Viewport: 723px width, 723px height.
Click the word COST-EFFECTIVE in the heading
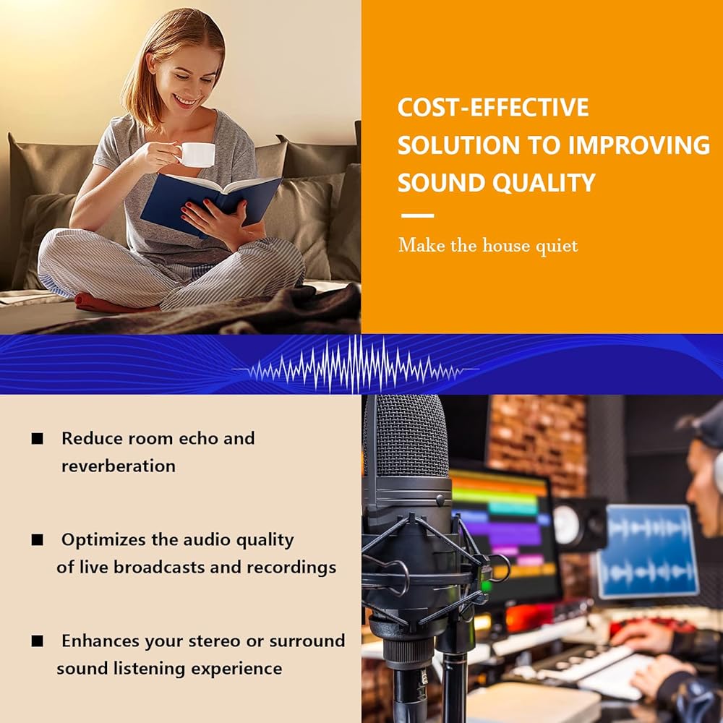pyautogui.click(x=493, y=108)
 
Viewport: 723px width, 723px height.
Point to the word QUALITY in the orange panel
pyautogui.click(x=544, y=183)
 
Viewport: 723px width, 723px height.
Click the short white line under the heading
pyautogui.click(x=417, y=215)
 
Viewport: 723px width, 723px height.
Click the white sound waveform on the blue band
pyautogui.click(x=355, y=364)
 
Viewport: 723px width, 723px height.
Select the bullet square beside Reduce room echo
pyautogui.click(x=38, y=438)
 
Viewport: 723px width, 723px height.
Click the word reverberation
pyautogui.click(x=119, y=466)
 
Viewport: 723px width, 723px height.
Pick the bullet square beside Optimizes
pyautogui.click(x=38, y=539)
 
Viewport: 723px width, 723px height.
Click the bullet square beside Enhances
pyautogui.click(x=38, y=641)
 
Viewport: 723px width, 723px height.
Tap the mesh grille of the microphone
pyautogui.click(x=406, y=436)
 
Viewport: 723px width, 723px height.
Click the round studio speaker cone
pyautogui.click(x=566, y=526)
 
